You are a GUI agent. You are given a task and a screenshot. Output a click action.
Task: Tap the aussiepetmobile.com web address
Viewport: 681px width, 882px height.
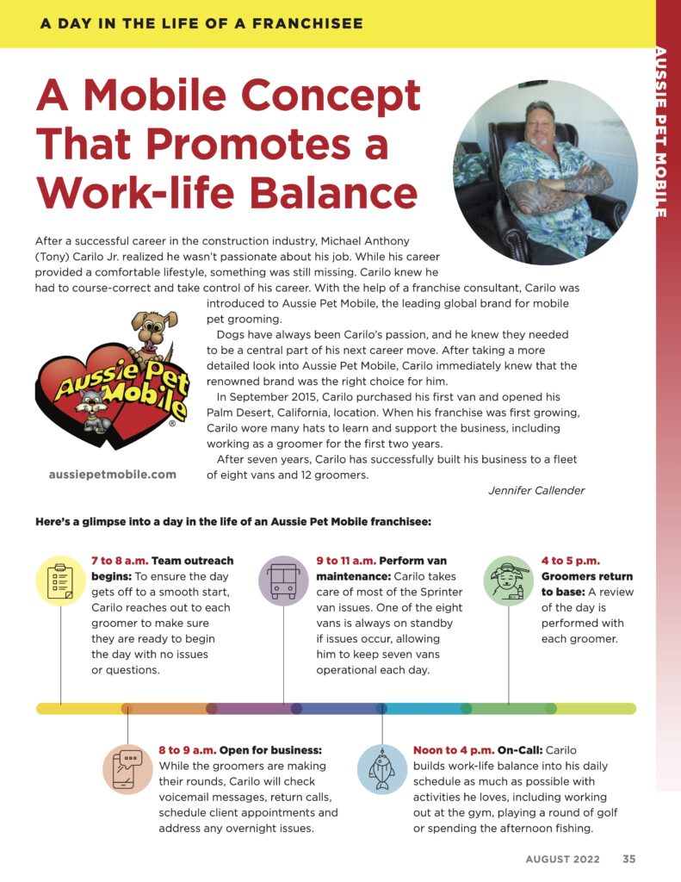113,474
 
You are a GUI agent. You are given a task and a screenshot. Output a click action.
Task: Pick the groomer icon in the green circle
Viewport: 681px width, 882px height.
508,580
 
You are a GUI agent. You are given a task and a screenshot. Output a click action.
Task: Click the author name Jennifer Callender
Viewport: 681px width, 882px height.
536,490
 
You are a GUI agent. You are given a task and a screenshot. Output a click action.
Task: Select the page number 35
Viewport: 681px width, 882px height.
629,859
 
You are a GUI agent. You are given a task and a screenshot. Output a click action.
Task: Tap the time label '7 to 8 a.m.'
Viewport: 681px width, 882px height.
120,561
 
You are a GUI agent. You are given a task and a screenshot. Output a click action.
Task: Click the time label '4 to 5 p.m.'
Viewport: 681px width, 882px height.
571,561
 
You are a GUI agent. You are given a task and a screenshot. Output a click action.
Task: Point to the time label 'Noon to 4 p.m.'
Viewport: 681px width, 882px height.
453,750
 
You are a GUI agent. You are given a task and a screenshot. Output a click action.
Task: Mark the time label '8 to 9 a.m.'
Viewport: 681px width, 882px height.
188,750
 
